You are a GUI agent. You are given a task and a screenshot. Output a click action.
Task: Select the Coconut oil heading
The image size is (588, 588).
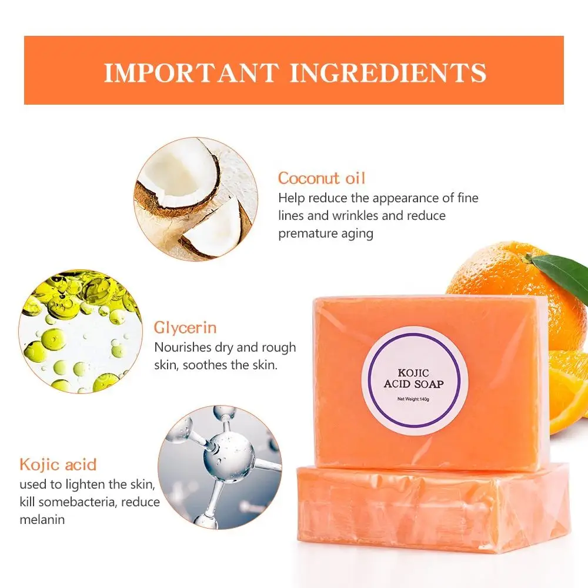click(321, 178)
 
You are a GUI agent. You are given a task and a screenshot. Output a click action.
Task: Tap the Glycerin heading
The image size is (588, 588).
click(185, 327)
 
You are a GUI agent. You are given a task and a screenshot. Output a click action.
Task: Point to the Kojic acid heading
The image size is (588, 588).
click(58, 464)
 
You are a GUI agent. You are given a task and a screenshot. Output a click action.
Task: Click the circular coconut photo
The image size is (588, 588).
click(195, 199)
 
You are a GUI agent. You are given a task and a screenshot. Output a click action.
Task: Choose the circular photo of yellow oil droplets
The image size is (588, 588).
click(81, 332)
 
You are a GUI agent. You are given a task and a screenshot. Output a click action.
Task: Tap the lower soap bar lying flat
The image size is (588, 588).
click(432, 509)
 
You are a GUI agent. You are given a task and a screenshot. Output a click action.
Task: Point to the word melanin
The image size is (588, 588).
click(42, 519)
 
